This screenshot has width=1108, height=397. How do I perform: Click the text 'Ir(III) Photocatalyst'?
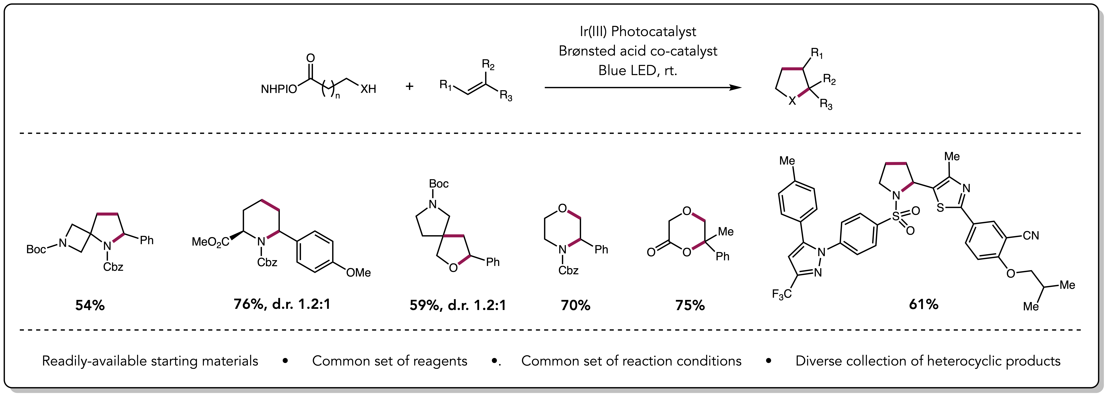(637, 31)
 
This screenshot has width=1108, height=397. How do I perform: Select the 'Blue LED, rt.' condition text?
(637, 70)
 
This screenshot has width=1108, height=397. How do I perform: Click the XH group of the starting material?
(368, 89)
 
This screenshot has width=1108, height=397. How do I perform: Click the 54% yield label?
(90, 305)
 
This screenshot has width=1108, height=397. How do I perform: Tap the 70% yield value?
(575, 305)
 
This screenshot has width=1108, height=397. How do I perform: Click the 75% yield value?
(690, 305)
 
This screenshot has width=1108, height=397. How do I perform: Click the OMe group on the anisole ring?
(358, 273)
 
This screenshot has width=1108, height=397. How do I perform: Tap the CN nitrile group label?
(1031, 236)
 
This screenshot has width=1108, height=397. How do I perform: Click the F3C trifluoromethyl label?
(782, 294)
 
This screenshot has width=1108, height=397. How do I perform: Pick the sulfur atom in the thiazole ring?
(940, 208)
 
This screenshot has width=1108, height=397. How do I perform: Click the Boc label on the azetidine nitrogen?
(36, 249)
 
